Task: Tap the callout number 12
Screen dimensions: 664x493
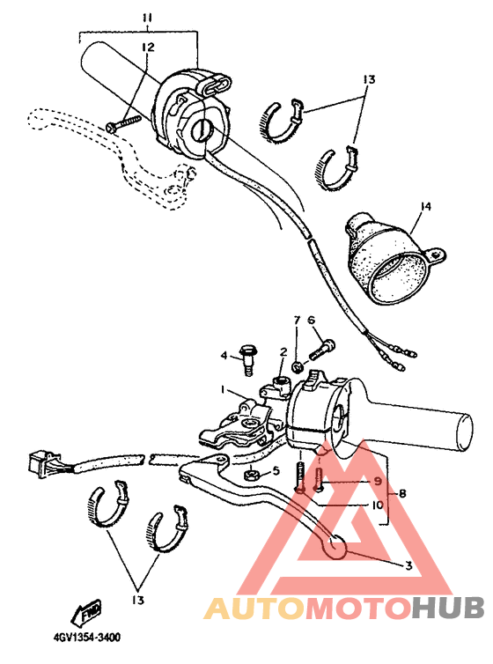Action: coord(148,47)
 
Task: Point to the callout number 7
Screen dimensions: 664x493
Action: coord(298,321)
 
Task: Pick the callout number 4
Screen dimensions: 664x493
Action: coord(224,355)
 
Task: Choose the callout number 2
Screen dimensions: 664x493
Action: coord(283,352)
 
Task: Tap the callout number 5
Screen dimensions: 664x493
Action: coord(276,471)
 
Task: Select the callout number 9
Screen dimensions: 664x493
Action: coord(377,482)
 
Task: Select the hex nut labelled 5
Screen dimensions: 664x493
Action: coord(250,475)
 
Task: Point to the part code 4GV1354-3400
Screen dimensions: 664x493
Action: coord(87,637)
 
